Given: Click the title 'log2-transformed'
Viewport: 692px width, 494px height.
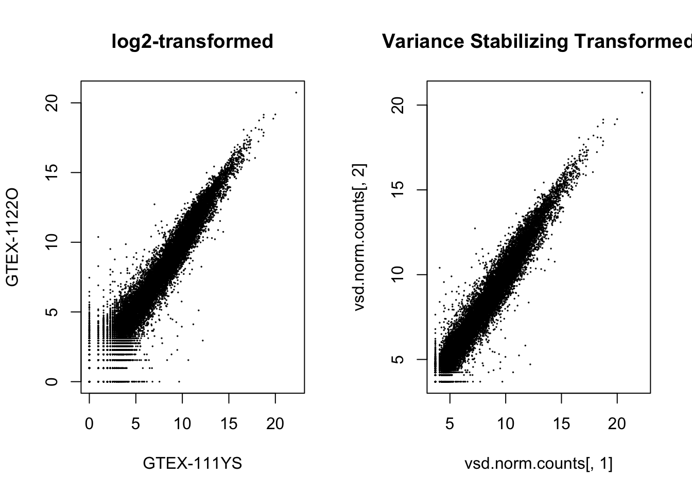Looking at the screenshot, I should tap(192, 41).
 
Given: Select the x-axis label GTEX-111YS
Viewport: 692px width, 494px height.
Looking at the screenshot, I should tap(192, 464).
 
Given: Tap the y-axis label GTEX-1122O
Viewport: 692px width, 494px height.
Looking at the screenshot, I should tap(12, 237).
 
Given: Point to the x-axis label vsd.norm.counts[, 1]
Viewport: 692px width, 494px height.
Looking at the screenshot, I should tap(539, 464).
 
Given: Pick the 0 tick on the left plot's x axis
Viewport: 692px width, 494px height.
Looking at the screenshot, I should tap(90, 424).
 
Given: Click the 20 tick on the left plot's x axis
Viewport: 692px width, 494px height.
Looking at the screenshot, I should tap(275, 424).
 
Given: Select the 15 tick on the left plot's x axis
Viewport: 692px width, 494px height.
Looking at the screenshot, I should tap(229, 424).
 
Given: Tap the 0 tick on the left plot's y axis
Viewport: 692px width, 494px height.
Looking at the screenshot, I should tap(51, 381).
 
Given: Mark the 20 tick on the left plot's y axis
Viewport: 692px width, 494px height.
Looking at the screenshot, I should tap(51, 103).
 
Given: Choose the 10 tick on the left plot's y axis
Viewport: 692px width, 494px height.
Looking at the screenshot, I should tap(51, 242).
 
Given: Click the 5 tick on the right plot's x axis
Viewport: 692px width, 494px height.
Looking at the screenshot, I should tap(450, 424).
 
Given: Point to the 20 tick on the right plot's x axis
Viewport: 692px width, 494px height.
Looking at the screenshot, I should tap(617, 424).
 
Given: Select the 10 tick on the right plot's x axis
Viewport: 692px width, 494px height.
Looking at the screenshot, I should tap(506, 424).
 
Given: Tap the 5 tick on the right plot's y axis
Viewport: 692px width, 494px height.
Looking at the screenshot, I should tap(397, 359).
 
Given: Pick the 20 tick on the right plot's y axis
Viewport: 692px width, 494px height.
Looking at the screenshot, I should tap(397, 105).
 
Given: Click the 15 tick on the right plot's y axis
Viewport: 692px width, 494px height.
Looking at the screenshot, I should tap(397, 190).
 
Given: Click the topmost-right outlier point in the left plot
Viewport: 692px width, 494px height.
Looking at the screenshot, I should tap(296, 93).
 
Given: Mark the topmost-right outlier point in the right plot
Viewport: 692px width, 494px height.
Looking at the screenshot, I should tap(642, 93).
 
